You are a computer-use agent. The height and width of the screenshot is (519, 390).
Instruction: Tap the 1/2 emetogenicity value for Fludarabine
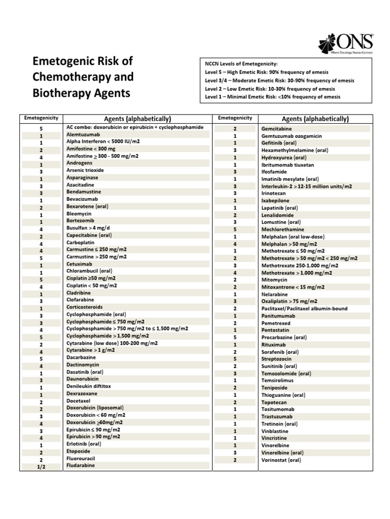(x=42, y=467)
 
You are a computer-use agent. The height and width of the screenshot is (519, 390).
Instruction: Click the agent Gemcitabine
(x=277, y=129)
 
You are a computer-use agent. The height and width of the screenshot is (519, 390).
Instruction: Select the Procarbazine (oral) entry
(x=284, y=337)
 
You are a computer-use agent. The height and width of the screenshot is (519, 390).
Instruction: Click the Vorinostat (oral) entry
(x=281, y=460)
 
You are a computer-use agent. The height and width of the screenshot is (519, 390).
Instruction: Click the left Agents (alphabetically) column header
(x=137, y=119)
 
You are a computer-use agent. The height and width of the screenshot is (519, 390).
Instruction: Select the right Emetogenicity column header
(x=235, y=118)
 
